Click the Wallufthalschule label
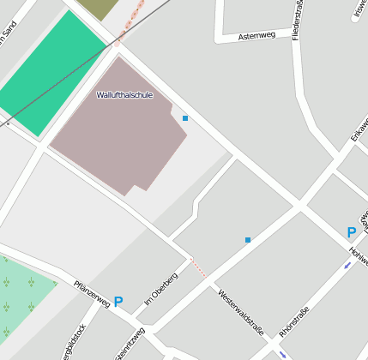124,95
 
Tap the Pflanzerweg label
92,292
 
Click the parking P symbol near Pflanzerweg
118,302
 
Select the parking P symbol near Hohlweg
351,232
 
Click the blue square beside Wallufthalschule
184,118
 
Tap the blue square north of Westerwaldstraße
248,240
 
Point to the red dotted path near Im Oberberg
198,267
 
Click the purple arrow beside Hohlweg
347,265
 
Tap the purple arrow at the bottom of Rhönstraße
283,354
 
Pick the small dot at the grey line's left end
8,124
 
